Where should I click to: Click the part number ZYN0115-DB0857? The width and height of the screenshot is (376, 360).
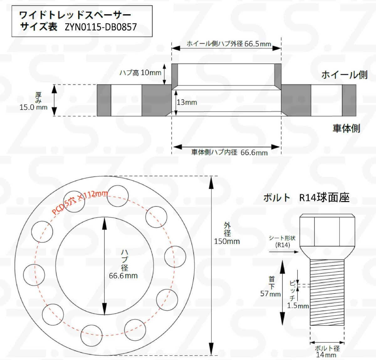point(101,27)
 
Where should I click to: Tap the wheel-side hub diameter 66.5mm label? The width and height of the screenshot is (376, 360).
point(229,44)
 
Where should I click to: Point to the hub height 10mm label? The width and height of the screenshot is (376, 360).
point(140,73)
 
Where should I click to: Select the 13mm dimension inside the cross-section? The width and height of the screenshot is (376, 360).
point(187,102)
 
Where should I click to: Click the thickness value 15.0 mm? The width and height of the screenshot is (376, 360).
point(34,107)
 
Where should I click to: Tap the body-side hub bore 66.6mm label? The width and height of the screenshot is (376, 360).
point(229,152)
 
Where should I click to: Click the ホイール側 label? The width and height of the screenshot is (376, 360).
point(344,75)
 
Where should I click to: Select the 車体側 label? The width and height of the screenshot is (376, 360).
point(346,128)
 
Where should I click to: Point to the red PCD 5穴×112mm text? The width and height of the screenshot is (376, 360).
point(80,202)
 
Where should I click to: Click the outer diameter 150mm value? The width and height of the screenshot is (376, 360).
point(227,241)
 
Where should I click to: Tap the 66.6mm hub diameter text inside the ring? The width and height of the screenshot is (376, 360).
point(123,276)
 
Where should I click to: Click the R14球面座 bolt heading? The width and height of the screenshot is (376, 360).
point(324,198)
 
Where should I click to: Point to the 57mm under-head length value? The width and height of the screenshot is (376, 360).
point(270,294)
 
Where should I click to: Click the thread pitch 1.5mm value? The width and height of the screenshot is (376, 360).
point(298,306)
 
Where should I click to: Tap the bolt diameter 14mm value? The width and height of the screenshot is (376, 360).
point(326,355)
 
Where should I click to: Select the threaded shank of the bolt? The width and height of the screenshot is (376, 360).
point(327,293)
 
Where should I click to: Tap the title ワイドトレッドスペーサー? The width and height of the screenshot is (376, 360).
point(75,15)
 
